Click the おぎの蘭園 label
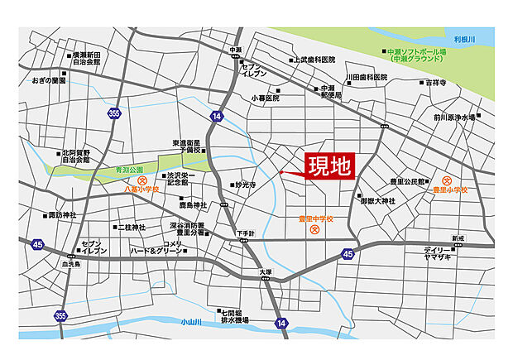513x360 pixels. coord(49,80)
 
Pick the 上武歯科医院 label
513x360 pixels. coord(315,60)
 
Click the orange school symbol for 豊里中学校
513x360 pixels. coord(314,230)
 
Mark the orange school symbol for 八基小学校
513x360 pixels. coord(141,179)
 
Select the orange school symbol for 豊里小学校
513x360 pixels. coord(447,180)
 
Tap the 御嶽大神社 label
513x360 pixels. coord(380,200)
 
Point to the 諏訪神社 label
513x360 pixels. coord(62,215)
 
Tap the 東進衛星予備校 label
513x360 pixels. coord(187,146)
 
